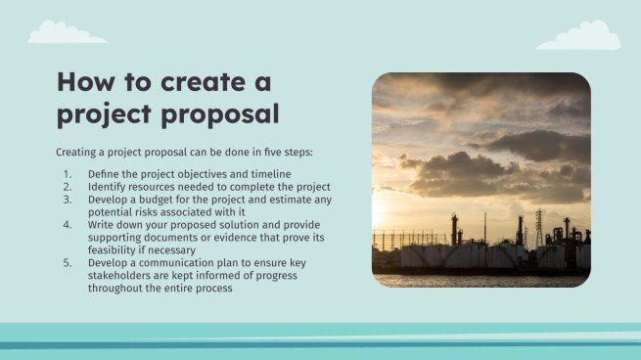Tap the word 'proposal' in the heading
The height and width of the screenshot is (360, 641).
(216, 114)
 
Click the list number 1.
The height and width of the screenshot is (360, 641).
(68, 173)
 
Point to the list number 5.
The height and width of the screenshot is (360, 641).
(68, 263)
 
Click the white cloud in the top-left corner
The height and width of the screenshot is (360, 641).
(66, 34)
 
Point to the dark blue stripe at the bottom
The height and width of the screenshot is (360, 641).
(320, 344)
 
